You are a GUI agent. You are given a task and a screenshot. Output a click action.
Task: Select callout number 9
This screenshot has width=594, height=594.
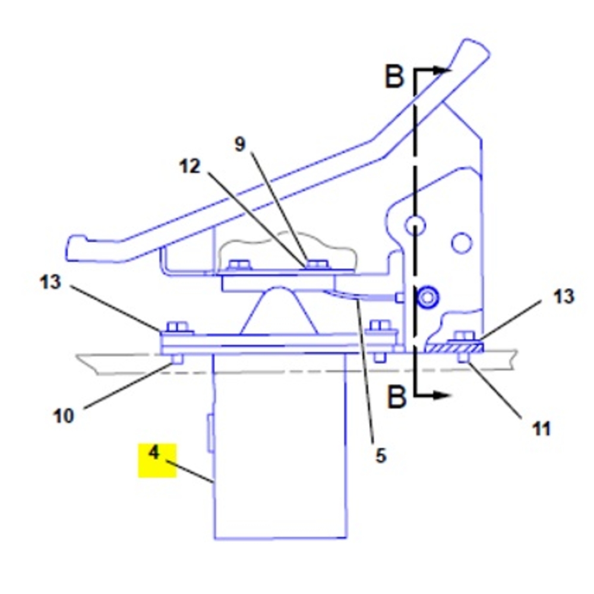[239, 144]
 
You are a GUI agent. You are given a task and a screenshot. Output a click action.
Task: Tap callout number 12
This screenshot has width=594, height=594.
[190, 167]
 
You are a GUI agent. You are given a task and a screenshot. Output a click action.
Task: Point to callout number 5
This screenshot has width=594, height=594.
[380, 456]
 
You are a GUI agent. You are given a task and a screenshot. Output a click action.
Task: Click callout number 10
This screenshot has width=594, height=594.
[64, 416]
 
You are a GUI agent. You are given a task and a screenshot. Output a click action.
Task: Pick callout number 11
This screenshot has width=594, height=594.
[541, 428]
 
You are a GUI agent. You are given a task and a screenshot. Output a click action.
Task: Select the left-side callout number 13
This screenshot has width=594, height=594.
[50, 282]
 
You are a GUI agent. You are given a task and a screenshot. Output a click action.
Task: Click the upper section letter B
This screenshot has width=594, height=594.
[394, 78]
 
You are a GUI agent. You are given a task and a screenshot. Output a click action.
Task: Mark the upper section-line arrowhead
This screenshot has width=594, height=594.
[441, 70]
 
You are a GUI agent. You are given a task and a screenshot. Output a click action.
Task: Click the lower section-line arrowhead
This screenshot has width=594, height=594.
[440, 394]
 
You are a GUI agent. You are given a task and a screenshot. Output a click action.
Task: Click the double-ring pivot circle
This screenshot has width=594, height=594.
[426, 297]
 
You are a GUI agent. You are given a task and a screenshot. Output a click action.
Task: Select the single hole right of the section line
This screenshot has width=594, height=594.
[461, 242]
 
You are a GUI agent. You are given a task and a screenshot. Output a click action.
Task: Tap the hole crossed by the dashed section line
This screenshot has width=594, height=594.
[415, 224]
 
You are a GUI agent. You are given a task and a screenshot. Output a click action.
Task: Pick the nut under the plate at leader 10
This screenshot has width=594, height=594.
[176, 359]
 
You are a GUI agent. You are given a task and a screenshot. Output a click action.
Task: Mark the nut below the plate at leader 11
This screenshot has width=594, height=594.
[464, 358]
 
